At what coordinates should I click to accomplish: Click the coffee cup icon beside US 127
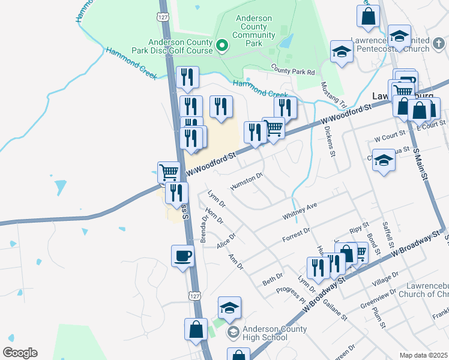(x=182, y=256)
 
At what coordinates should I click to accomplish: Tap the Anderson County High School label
(x=274, y=333)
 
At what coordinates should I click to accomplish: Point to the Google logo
(x=19, y=353)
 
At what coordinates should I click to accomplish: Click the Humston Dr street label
(x=247, y=181)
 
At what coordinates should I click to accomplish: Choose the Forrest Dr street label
(x=297, y=235)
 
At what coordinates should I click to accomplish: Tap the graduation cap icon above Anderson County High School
(x=229, y=308)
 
